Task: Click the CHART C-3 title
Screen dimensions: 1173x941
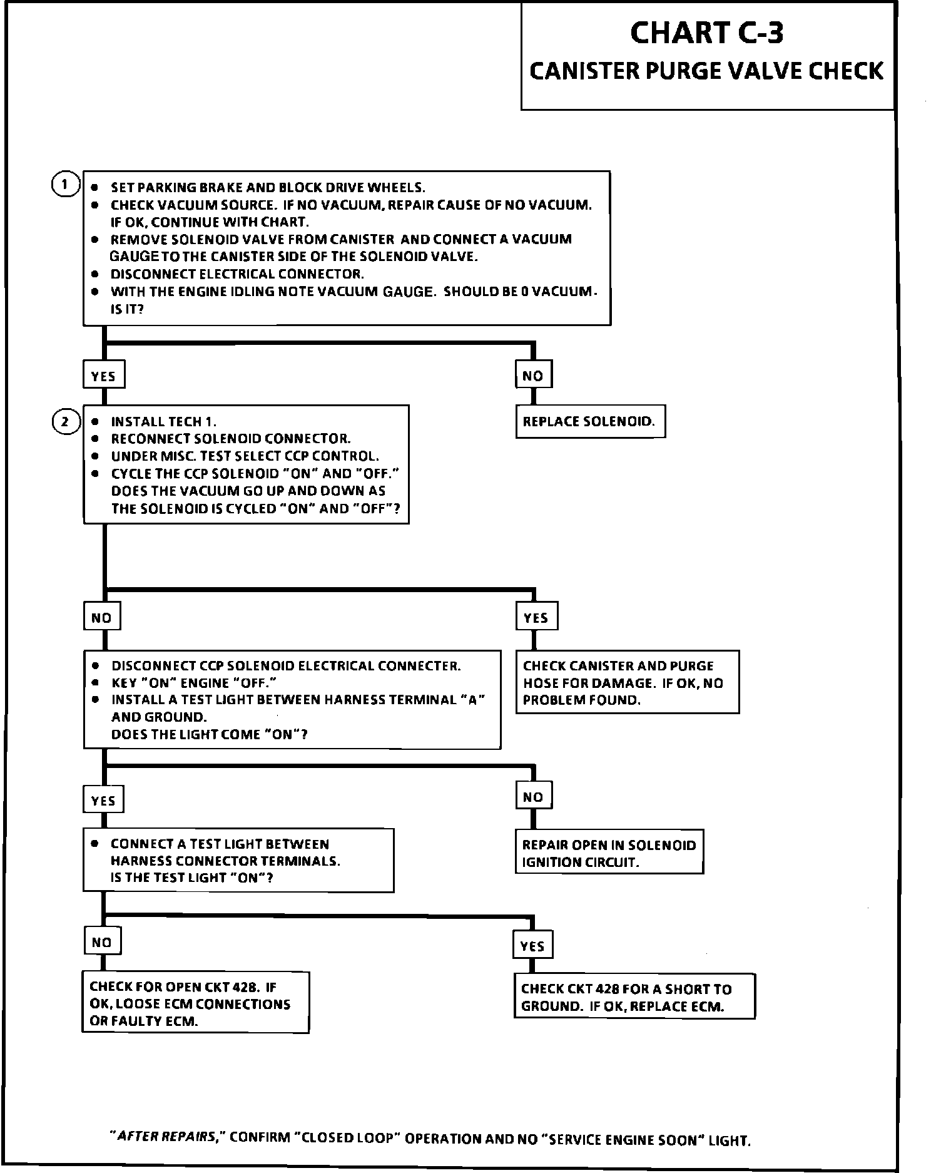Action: point(706,33)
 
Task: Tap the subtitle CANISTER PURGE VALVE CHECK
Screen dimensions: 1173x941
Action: point(706,71)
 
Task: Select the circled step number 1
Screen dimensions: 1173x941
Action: point(64,185)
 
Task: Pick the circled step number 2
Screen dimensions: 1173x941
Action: point(65,421)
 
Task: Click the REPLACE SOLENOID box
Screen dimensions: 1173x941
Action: point(589,421)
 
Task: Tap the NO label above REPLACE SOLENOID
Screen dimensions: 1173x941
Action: point(533,376)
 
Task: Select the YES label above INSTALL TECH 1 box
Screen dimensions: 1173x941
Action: point(103,376)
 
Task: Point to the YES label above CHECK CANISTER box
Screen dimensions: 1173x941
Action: point(536,617)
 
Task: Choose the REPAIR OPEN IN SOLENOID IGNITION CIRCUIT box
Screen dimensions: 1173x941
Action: point(609,853)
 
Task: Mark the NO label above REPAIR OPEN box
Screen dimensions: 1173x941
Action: point(533,797)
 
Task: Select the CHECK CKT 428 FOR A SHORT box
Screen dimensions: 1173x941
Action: point(634,998)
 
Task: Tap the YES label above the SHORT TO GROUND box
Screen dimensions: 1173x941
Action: point(532,946)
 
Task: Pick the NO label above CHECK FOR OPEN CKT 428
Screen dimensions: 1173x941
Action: point(102,942)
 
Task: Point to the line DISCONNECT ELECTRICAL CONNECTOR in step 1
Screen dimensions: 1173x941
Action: point(237,274)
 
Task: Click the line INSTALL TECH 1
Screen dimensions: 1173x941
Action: point(163,421)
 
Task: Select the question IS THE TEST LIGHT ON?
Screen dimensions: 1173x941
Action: point(191,878)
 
